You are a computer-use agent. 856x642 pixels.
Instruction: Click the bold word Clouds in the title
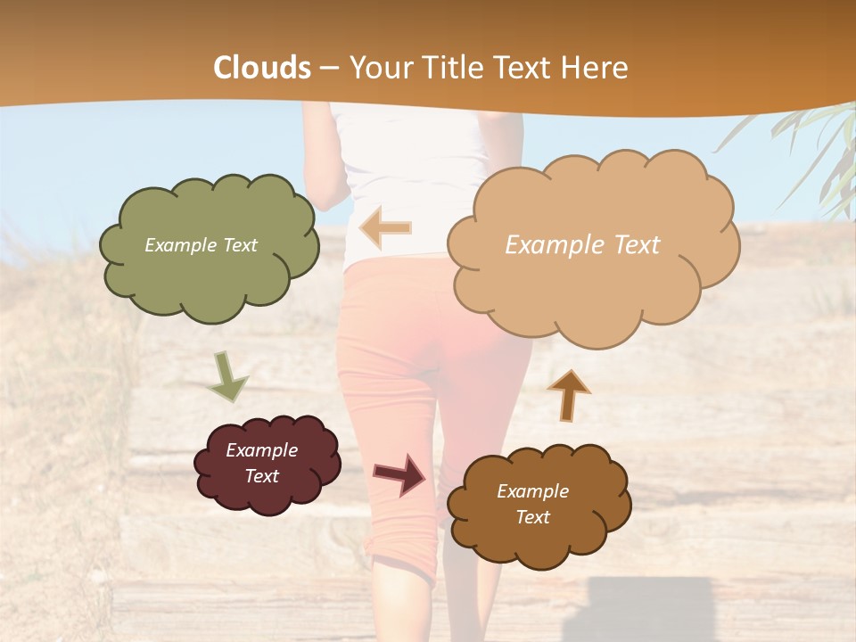click(x=262, y=68)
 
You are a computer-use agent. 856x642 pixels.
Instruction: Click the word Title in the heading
click(x=451, y=68)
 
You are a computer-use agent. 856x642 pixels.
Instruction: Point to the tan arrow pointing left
click(x=385, y=228)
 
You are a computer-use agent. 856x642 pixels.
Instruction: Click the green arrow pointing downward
click(x=227, y=377)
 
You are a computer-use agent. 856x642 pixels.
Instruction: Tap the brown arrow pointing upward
click(x=568, y=394)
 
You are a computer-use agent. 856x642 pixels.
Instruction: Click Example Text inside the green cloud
click(x=201, y=245)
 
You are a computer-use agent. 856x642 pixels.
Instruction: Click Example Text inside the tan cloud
click(x=582, y=245)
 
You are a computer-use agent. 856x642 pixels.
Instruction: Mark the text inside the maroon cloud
click(x=261, y=463)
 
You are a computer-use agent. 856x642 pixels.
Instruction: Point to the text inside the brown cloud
click(x=532, y=504)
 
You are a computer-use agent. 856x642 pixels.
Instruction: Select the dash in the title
click(x=330, y=68)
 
